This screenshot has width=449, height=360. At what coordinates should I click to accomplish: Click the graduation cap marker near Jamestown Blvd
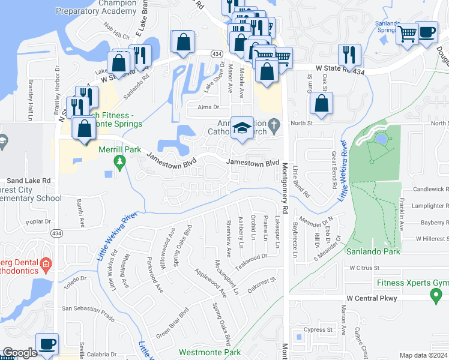pyautogui.click(x=242, y=128)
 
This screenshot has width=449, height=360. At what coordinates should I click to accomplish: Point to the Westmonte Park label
pyautogui.click(x=209, y=353)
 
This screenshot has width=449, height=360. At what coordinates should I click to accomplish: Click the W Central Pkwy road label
pyautogui.click(x=372, y=298)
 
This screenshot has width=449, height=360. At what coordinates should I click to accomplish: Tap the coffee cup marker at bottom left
pyautogui.click(x=47, y=344)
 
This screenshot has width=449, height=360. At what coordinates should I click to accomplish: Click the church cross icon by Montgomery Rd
pyautogui.click(x=274, y=127)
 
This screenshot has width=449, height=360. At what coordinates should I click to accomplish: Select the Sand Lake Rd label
pyautogui.click(x=29, y=180)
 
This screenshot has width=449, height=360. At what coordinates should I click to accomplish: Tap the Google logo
pyautogui.click(x=20, y=353)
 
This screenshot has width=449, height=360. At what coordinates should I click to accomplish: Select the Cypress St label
pyautogui.click(x=318, y=329)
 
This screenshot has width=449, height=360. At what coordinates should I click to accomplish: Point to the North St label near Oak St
pyautogui.click(x=307, y=123)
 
